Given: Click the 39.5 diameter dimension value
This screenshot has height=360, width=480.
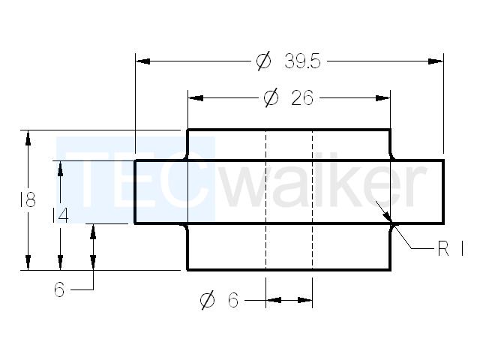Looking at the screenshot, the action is [x=302, y=61].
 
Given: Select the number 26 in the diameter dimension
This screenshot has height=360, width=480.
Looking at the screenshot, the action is [x=302, y=98].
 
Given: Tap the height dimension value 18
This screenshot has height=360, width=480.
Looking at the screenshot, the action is [x=28, y=199].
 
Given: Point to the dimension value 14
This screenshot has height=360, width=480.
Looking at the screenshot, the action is [x=61, y=215].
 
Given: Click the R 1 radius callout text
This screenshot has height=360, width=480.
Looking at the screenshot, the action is [x=451, y=248].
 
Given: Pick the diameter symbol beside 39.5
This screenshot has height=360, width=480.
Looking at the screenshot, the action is [x=263, y=61].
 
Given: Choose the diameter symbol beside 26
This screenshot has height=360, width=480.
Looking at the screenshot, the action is [x=271, y=98].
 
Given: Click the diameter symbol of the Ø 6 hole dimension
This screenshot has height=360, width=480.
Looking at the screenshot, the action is [x=208, y=300].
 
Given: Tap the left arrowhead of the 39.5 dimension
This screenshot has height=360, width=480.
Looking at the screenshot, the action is [x=142, y=61].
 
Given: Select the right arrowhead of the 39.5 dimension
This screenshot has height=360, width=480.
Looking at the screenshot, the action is [x=436, y=61].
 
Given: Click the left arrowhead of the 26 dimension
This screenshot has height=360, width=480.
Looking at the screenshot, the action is [x=196, y=98].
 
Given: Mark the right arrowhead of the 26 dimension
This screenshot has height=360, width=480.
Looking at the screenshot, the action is [x=382, y=98].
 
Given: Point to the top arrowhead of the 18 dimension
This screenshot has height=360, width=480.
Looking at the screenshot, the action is [x=28, y=137].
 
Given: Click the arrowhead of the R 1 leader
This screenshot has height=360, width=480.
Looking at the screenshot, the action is [x=388, y=217].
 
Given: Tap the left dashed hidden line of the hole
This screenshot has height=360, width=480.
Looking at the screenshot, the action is [x=265, y=199].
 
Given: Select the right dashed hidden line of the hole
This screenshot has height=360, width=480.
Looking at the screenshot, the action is [x=312, y=199].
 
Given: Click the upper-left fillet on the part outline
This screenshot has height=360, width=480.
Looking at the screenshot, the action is [x=186, y=157].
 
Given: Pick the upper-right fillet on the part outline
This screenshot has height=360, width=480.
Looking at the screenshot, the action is [x=391, y=157].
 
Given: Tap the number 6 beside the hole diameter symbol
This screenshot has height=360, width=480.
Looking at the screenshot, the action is [x=233, y=300].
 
